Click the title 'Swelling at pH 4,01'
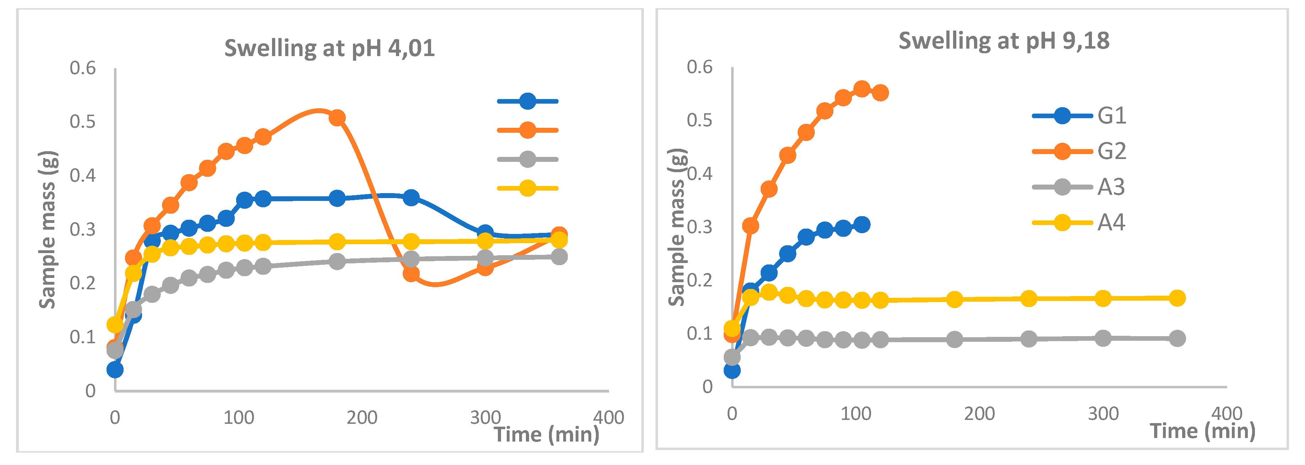pyautogui.click(x=329, y=49)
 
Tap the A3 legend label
pyautogui.click(x=1111, y=187)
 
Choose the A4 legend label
pyautogui.click(x=1111, y=222)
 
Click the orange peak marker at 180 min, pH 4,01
pyautogui.click(x=337, y=118)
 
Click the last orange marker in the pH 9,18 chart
pyautogui.click(x=880, y=93)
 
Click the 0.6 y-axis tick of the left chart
pyautogui.click(x=83, y=68)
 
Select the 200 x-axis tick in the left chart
pyautogui.click(x=362, y=417)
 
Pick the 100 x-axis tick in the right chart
pyautogui.click(x=856, y=414)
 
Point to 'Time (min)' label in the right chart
pyautogui.click(x=1202, y=431)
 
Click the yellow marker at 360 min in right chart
pyautogui.click(x=1177, y=298)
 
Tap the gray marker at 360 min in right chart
pyautogui.click(x=1177, y=338)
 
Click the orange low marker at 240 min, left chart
pyautogui.click(x=411, y=274)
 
